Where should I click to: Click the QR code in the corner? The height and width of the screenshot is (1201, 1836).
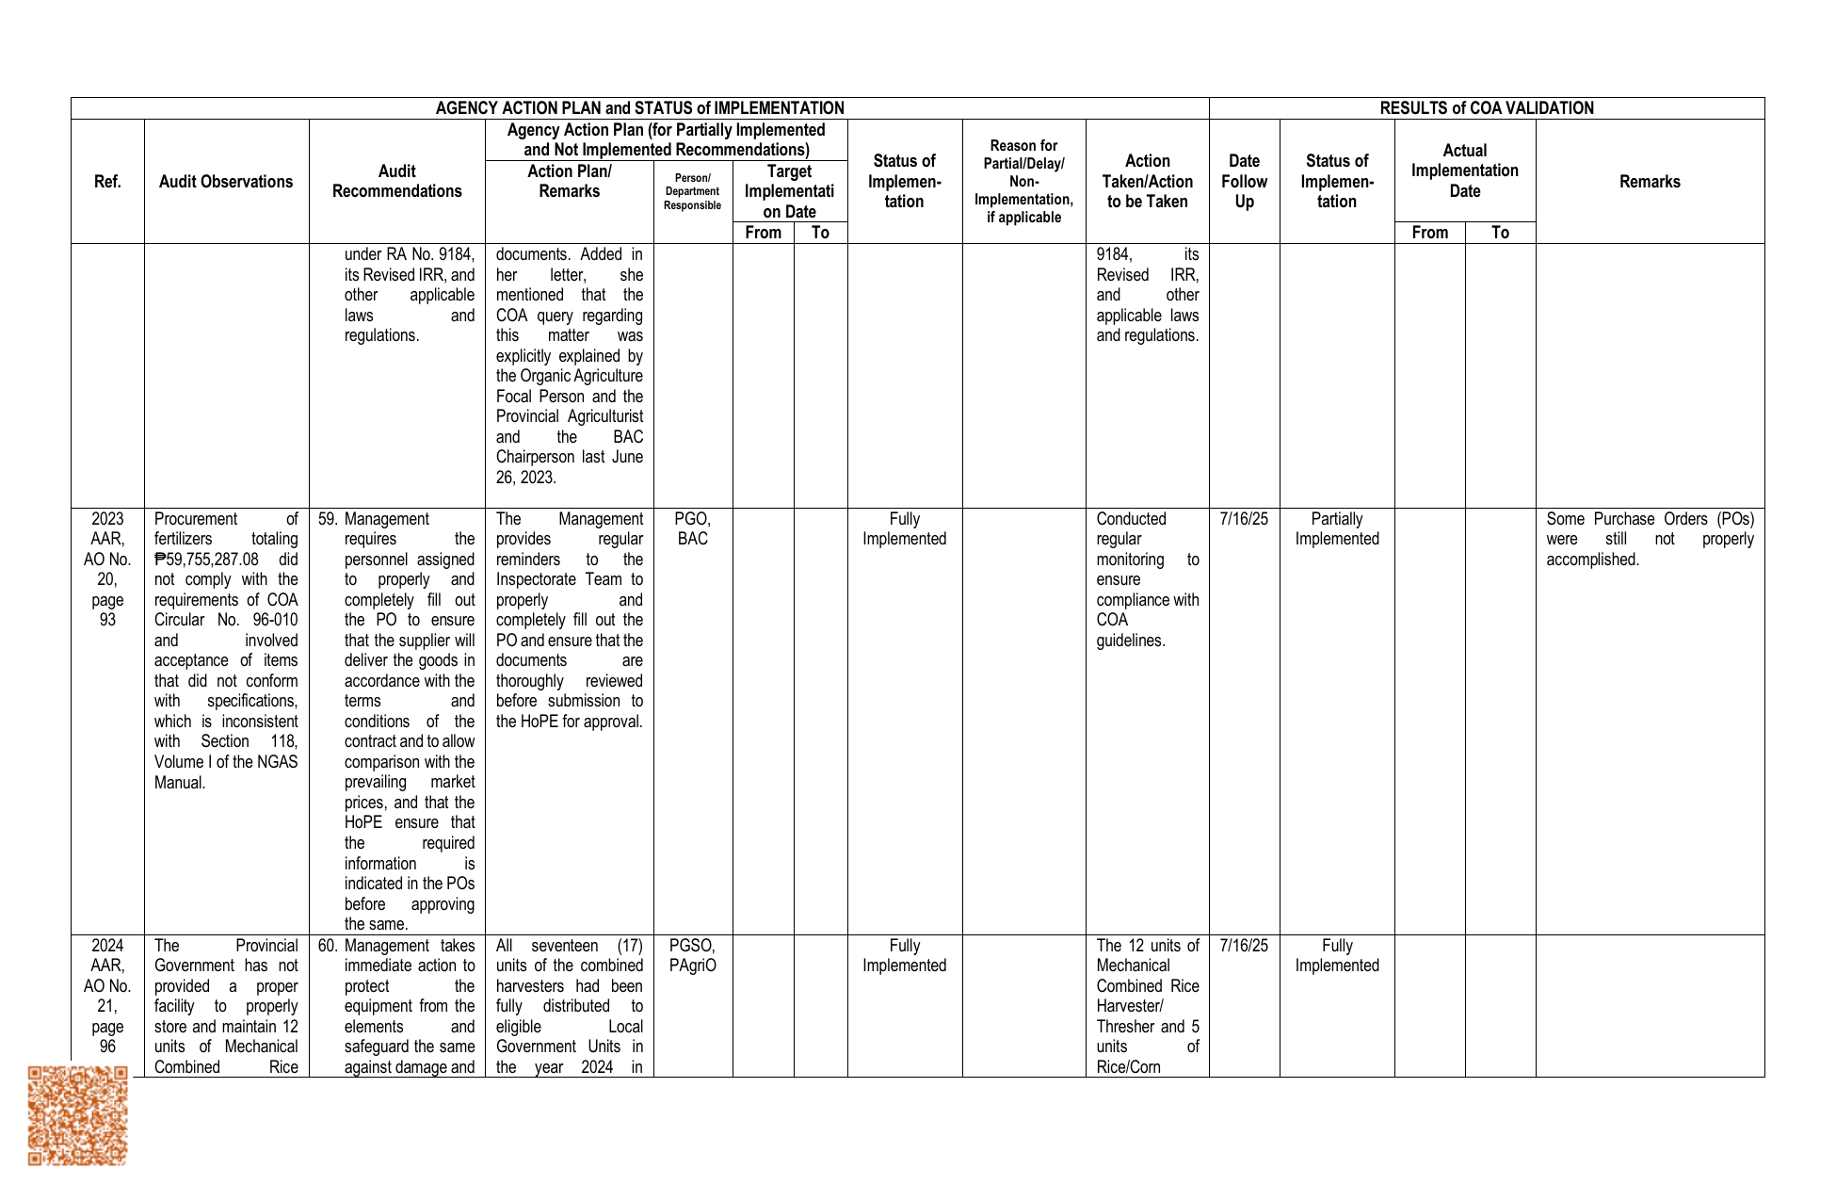(x=77, y=1115)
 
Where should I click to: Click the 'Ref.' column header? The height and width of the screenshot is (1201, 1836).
(x=107, y=182)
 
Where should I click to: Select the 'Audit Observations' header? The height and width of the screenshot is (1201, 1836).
(x=226, y=182)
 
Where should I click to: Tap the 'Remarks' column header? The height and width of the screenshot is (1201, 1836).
(x=1650, y=182)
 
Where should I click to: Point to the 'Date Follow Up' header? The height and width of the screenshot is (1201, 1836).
(x=1244, y=182)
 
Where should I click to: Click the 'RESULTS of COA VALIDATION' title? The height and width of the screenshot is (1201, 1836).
(x=1486, y=108)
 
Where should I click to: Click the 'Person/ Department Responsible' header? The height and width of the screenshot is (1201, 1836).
(x=692, y=192)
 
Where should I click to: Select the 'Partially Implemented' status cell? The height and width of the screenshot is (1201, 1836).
(x=1336, y=529)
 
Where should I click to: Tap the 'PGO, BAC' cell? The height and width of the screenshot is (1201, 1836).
(x=692, y=529)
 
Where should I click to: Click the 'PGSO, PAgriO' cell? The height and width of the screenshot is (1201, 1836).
(x=692, y=956)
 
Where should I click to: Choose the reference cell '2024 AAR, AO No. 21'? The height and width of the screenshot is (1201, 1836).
(x=107, y=996)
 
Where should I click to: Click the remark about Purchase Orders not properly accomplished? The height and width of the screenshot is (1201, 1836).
(x=1650, y=539)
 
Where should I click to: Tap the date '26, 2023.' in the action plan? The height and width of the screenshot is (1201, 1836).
(x=526, y=478)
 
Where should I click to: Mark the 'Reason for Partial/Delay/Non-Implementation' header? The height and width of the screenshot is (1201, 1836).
(x=1023, y=182)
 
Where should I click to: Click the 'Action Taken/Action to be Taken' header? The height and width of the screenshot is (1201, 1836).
(x=1147, y=182)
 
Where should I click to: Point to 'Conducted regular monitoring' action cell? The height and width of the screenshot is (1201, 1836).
(x=1147, y=579)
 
